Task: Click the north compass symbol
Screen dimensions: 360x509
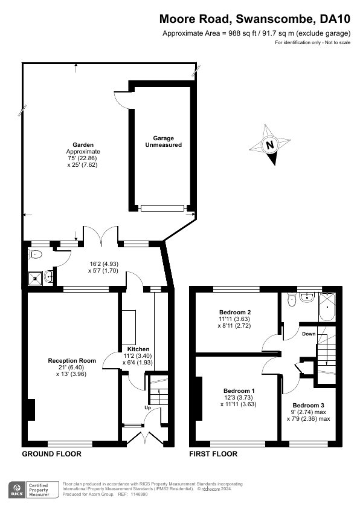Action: (270, 144)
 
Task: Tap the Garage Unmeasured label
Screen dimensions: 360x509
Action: (164, 141)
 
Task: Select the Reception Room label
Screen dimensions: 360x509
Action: (72, 361)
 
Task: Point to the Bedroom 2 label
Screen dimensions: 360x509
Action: (235, 313)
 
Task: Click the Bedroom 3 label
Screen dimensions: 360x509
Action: (309, 406)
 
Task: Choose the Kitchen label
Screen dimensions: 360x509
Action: (138, 349)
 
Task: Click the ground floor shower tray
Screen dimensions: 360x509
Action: (35, 277)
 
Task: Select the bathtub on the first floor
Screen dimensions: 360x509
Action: (327, 307)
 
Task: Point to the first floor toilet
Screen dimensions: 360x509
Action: (292, 300)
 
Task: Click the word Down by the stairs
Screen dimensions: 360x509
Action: (309, 334)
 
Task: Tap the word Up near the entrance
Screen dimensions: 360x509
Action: (147, 407)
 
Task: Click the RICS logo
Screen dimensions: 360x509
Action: (17, 490)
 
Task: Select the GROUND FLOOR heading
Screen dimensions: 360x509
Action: (51, 454)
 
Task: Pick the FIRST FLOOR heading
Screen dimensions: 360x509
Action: (213, 454)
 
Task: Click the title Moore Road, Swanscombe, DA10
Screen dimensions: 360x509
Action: (255, 19)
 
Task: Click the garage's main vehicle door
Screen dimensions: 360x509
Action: (162, 208)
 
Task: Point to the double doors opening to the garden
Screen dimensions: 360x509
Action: (100, 235)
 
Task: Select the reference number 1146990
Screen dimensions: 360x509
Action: (138, 494)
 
